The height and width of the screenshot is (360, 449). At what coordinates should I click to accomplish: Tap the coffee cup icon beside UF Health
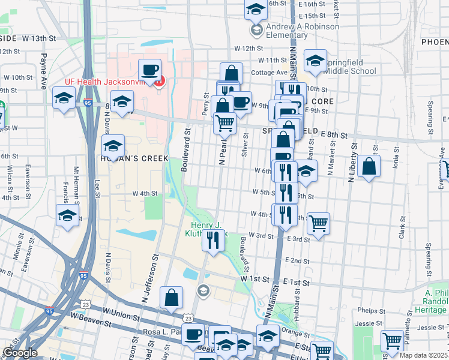(150, 69)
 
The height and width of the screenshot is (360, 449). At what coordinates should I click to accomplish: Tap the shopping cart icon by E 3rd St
(318, 223)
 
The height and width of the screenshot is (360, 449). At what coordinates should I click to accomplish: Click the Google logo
(19, 353)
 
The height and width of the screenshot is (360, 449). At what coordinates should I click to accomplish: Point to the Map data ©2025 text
(423, 355)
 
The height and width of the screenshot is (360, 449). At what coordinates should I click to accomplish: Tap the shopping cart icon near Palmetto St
(393, 340)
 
